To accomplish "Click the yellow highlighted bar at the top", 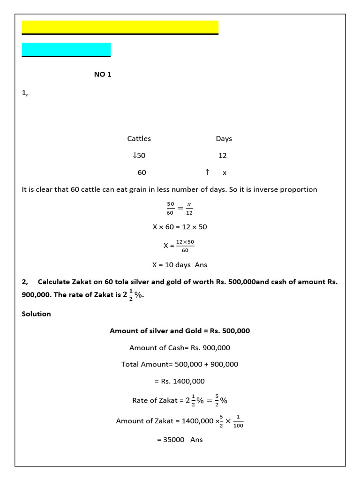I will (x=120, y=27).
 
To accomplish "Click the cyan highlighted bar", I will (x=66, y=49).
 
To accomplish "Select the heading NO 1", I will (x=103, y=75).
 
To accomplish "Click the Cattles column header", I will (x=139, y=139).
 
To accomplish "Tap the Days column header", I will (x=224, y=139).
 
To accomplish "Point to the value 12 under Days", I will (x=222, y=156).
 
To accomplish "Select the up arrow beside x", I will (x=207, y=172).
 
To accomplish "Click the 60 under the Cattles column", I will (x=142, y=172).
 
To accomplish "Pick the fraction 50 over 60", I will (x=170, y=208).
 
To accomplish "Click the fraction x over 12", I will (x=189, y=208).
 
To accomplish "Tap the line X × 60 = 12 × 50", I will (x=180, y=227).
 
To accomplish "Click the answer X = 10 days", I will (x=180, y=264).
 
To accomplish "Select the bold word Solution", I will (x=36, y=314).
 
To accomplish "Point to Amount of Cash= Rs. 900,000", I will (x=180, y=348).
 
